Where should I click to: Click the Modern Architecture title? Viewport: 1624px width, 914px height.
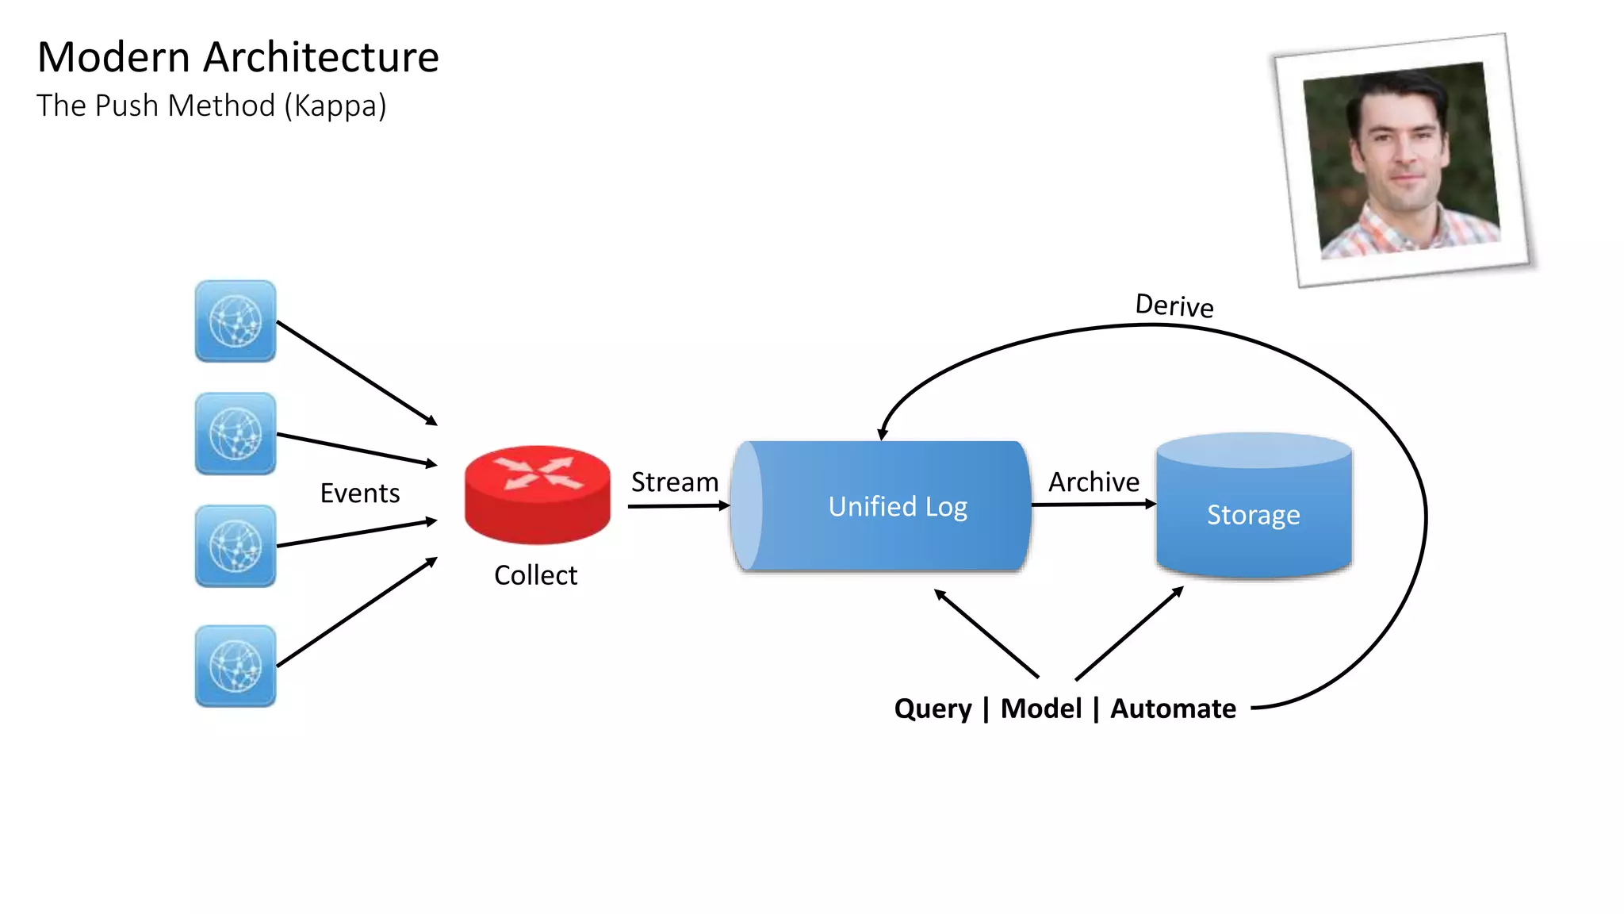238,58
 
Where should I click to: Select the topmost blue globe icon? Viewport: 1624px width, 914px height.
236,321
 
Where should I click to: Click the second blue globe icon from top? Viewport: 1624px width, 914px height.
236,434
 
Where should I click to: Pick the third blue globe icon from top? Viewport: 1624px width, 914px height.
236,546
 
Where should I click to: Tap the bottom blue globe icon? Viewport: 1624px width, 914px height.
236,666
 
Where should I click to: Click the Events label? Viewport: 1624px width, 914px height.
359,493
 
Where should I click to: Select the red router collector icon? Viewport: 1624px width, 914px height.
538,493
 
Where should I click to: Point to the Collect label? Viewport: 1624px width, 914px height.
535,575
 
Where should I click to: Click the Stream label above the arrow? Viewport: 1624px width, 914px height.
674,482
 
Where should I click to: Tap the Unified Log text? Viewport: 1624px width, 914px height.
898,507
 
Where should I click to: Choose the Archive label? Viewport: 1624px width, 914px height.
1094,482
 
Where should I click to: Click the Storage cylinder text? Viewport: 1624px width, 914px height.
1253,515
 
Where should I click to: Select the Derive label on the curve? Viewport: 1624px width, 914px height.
1174,305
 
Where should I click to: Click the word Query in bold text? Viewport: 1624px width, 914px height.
933,709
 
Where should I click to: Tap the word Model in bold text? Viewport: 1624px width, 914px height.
1040,709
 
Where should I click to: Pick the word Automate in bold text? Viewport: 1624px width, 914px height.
1173,709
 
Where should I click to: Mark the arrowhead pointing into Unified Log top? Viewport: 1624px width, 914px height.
883,434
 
